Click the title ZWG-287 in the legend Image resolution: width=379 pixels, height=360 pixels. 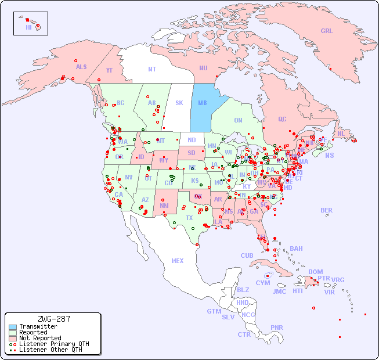point(53,319)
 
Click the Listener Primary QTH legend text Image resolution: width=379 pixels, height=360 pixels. point(54,344)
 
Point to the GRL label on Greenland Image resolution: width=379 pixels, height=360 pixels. point(327,31)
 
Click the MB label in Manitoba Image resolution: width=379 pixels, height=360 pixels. point(203,103)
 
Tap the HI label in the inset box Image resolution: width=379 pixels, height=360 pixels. point(28,27)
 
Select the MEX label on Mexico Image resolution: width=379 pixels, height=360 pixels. point(178,261)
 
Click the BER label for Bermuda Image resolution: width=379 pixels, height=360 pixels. point(327,211)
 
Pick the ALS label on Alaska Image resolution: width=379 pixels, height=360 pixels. point(81,67)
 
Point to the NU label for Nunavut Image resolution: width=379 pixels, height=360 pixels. point(203,69)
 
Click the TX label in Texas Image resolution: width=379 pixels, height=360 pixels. point(189,218)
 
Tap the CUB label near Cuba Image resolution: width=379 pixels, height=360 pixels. point(247,256)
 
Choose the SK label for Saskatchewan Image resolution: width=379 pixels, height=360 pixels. point(179,103)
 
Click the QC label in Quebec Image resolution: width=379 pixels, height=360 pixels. point(282,120)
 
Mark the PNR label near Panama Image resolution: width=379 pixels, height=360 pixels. point(277,327)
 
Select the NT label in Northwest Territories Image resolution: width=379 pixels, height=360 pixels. point(151,69)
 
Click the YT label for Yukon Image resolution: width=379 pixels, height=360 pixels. point(109,71)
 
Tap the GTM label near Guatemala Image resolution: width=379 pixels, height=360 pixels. point(214,312)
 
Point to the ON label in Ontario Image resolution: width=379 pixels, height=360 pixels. point(238,121)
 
